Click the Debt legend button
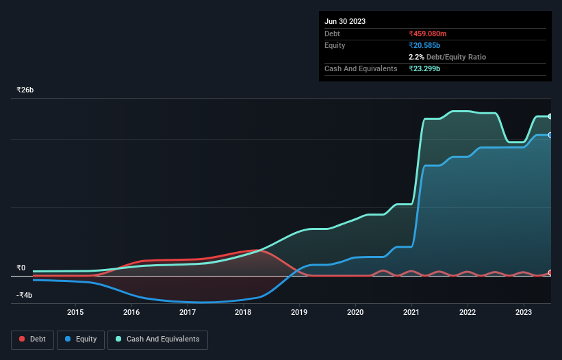32,339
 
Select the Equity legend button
81,339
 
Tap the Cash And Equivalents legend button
157,339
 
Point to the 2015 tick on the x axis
75,312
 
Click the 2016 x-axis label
131,312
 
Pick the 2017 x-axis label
188,312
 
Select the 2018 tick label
243,312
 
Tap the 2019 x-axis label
299,312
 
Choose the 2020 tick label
355,312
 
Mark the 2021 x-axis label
411,312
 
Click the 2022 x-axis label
468,312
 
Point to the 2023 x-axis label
524,312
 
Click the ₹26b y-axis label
25,90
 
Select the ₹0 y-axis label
21,268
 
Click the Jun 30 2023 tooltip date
345,21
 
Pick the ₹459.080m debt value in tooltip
427,34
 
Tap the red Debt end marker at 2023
550,273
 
